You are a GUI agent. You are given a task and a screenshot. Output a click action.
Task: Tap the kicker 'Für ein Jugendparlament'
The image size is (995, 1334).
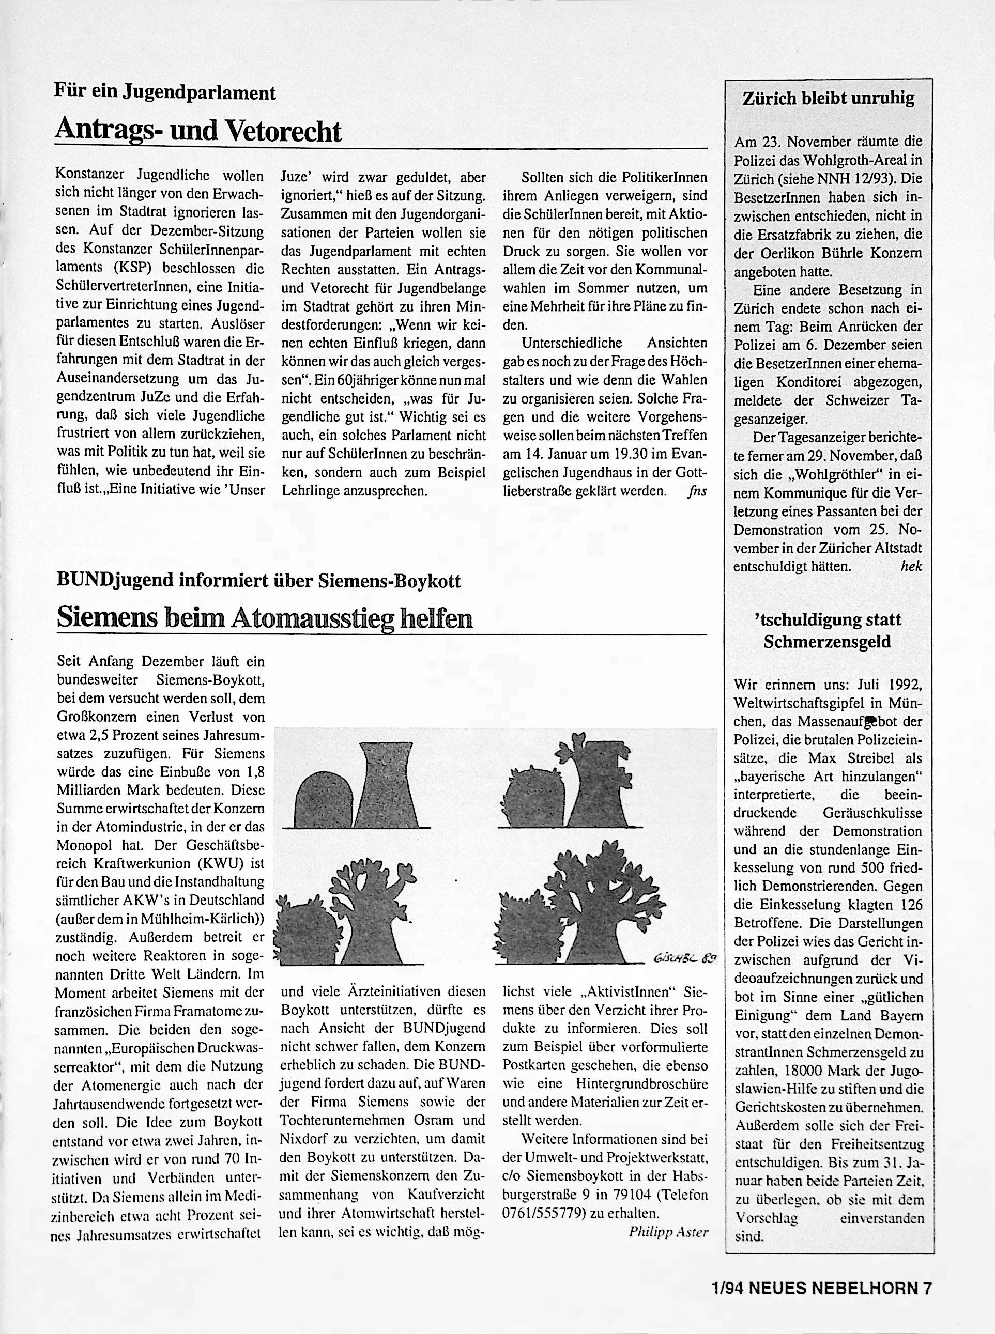(x=165, y=92)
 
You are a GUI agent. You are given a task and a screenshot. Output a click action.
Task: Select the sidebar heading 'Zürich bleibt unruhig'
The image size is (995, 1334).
(x=828, y=98)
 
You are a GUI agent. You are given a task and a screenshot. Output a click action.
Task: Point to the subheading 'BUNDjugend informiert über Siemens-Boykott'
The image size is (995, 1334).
(x=258, y=581)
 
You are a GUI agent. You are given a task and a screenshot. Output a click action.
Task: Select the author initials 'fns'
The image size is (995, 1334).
(x=697, y=491)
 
